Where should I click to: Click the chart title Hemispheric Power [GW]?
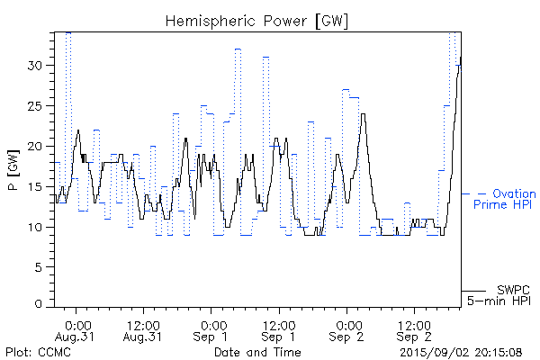point(256,20)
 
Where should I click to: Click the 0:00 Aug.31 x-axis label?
point(77,329)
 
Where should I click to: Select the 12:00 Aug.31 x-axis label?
point(144,329)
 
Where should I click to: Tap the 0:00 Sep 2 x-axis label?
point(346,329)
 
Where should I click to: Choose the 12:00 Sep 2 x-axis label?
point(413,329)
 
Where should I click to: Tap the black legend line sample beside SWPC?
point(474,290)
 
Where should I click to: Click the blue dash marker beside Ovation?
point(481,193)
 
